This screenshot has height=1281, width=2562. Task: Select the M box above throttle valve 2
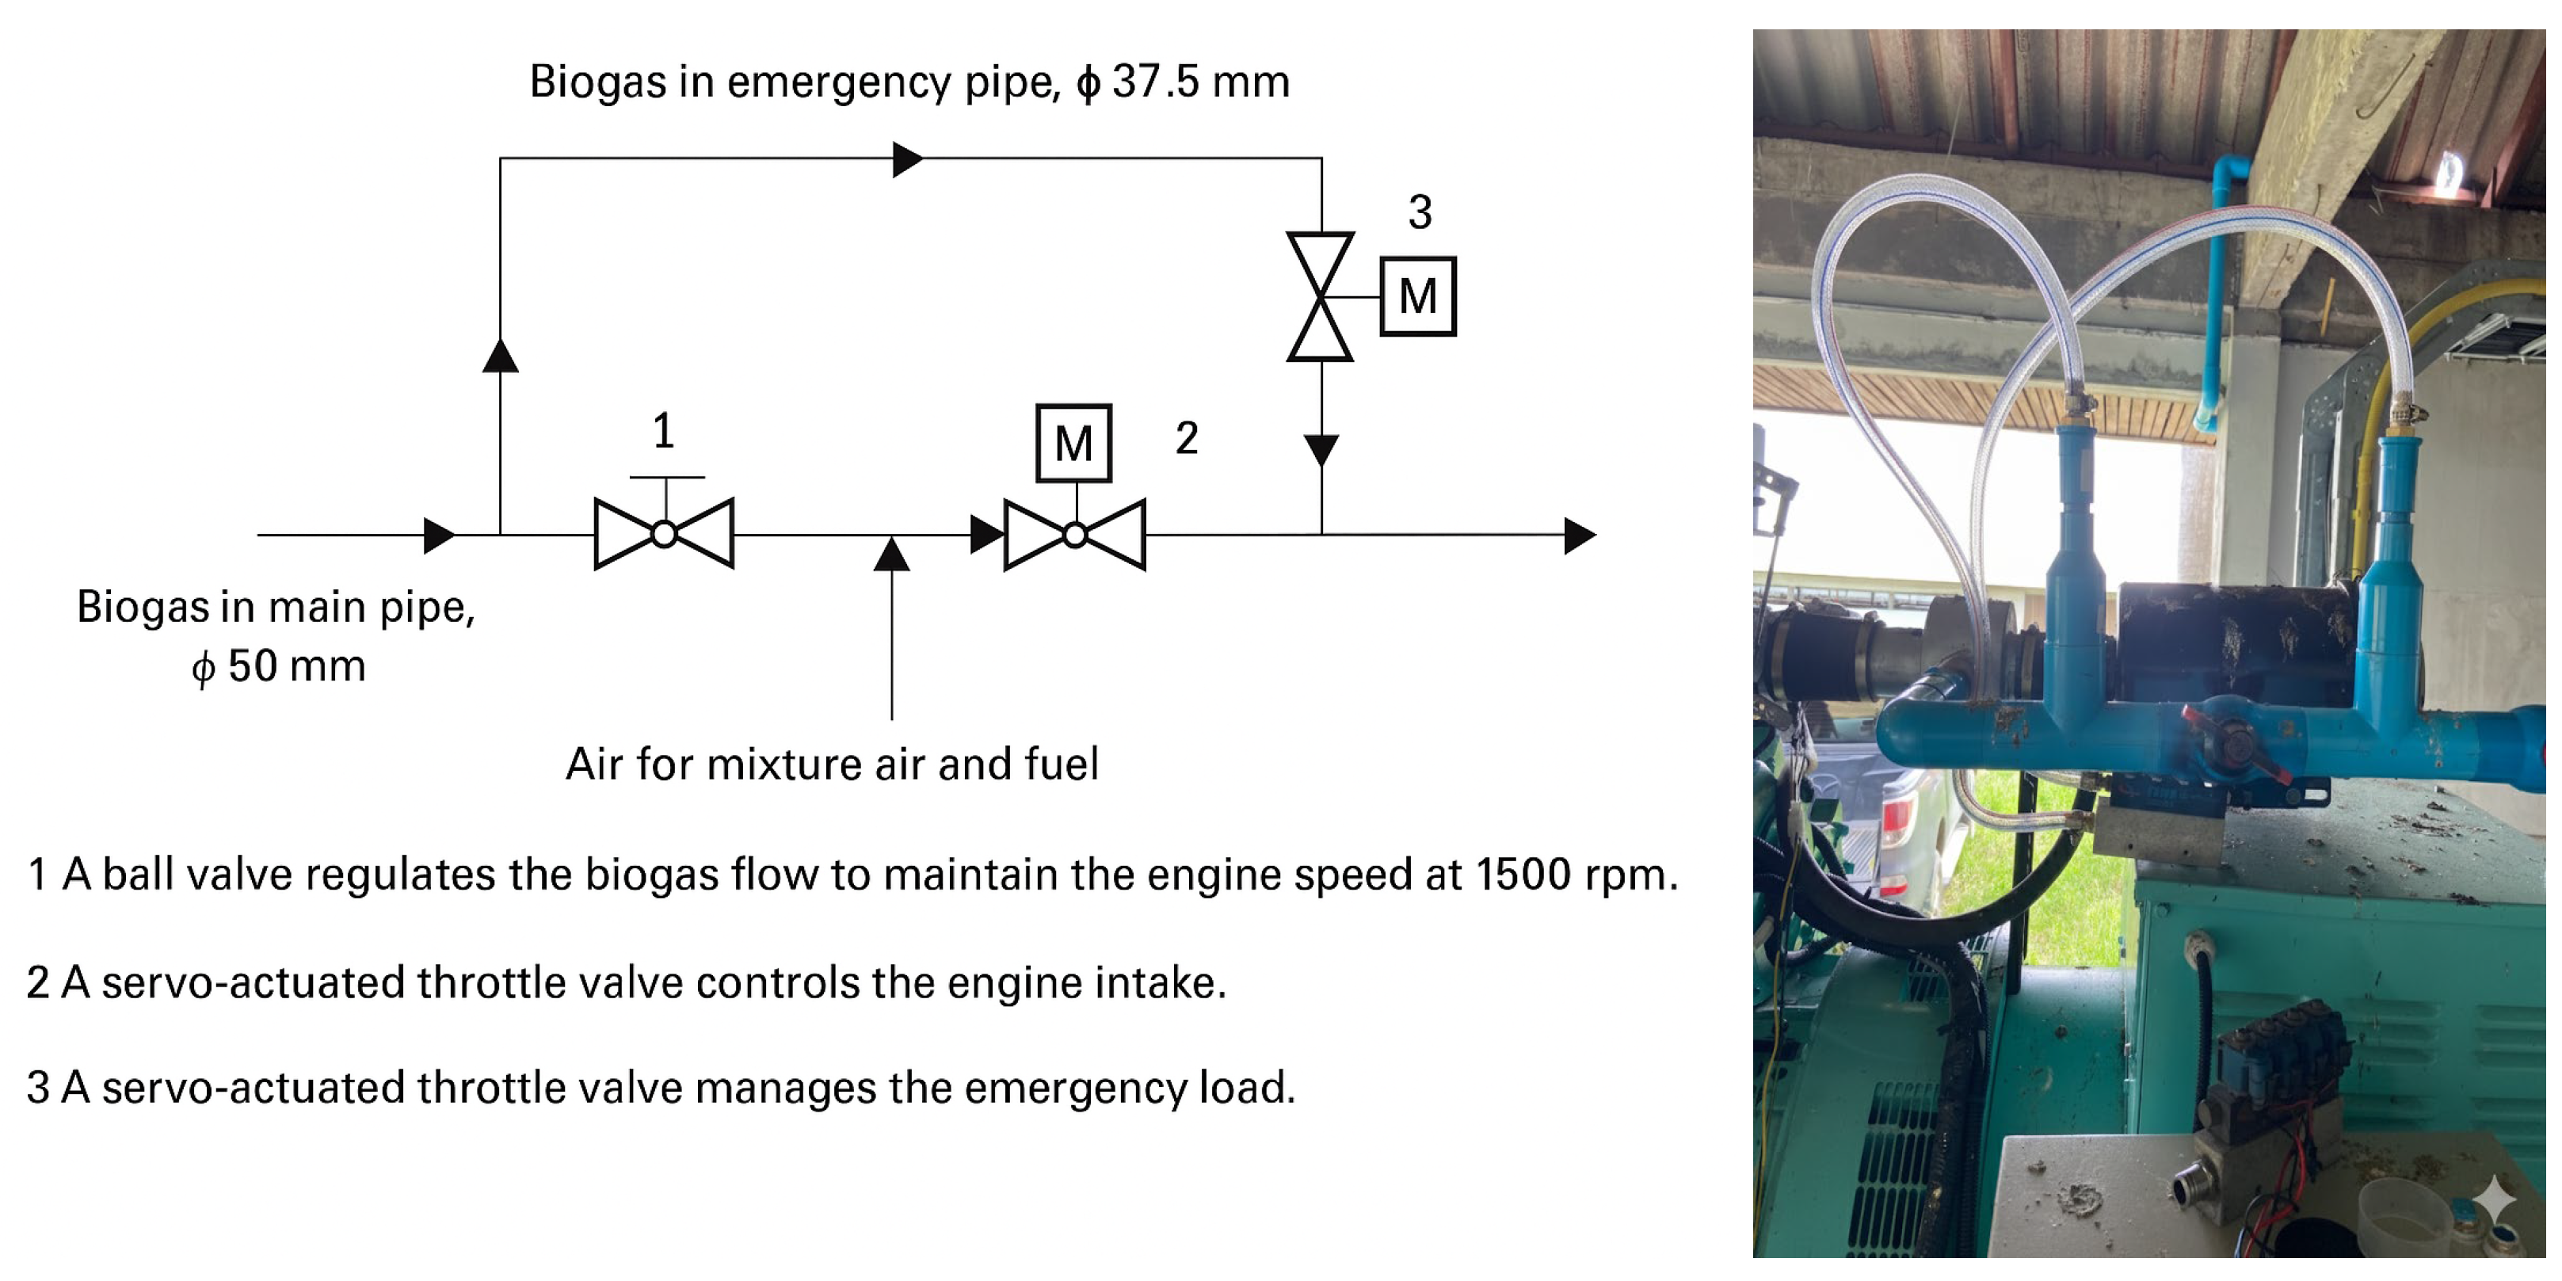click(1073, 444)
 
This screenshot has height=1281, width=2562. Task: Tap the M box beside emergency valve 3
click(1417, 296)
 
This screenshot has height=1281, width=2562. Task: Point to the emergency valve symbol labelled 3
click(1321, 296)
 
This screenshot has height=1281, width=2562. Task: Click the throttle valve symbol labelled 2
click(1075, 535)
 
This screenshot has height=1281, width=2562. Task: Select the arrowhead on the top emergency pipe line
click(906, 159)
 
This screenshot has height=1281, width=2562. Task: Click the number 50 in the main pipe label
click(253, 666)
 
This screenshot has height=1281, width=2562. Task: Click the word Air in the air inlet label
click(595, 764)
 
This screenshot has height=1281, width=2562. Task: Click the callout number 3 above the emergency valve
click(1420, 212)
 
